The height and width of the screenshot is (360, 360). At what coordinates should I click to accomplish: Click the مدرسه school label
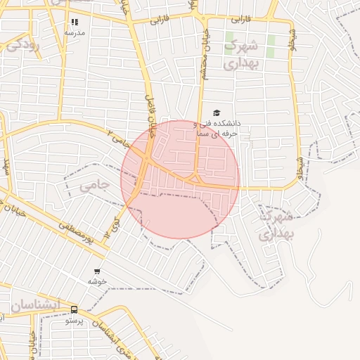click(x=75, y=32)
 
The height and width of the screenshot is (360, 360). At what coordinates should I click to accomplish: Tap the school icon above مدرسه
click(x=75, y=22)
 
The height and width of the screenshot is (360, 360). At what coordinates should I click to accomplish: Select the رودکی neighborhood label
click(x=22, y=46)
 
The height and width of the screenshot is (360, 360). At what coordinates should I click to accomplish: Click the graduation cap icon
click(x=217, y=112)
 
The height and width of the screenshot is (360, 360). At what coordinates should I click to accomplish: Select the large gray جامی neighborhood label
click(x=94, y=186)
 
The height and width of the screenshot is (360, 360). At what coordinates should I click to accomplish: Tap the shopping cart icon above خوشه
click(x=97, y=271)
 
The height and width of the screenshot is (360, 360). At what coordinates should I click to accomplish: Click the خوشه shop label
click(x=97, y=281)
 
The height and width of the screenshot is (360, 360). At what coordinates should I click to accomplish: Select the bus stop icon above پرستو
click(x=75, y=310)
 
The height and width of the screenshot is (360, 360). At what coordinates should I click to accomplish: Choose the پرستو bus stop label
click(x=75, y=321)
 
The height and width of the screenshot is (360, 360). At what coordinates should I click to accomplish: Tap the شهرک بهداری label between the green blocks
click(x=242, y=54)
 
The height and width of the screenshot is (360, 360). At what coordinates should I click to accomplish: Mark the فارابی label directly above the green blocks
click(x=240, y=19)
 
